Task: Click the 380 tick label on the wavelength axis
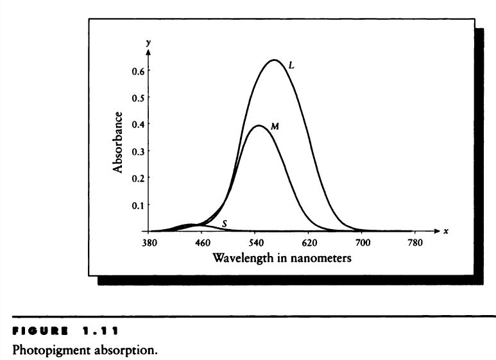150,243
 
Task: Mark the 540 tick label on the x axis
256,243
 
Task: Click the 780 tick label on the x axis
416,243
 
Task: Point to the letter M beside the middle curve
274,127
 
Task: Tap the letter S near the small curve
224,223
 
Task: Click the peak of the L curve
275,60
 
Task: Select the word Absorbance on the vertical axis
118,142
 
